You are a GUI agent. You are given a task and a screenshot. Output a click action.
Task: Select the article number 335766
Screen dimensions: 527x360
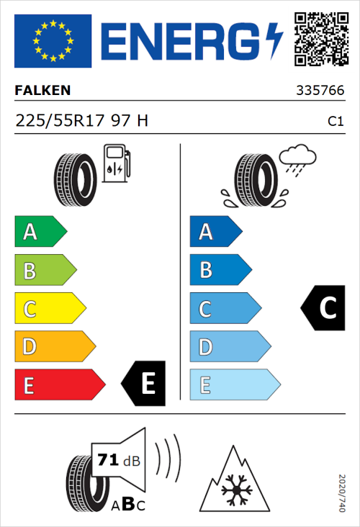pos(319,91)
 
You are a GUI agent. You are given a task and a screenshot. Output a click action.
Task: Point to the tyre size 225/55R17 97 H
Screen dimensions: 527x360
pos(81,121)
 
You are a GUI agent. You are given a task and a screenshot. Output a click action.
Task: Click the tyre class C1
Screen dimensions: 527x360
pos(335,122)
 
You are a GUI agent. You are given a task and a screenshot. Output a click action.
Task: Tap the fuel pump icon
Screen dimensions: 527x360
pos(116,163)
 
